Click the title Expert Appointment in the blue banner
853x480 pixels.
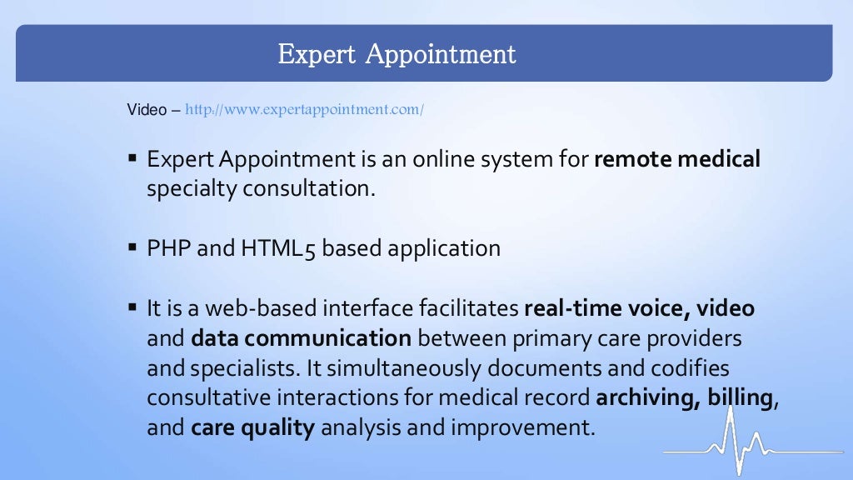click(x=397, y=54)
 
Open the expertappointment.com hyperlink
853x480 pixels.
click(x=304, y=110)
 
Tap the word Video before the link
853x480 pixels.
click(x=147, y=110)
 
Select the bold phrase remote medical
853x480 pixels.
click(x=676, y=158)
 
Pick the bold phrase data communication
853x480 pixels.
click(x=301, y=338)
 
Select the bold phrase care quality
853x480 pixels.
click(x=252, y=428)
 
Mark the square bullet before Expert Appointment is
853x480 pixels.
click(x=132, y=158)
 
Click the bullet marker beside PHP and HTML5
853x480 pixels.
click(x=132, y=248)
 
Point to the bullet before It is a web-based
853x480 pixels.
click(x=132, y=308)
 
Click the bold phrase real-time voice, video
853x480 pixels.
click(x=639, y=308)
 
